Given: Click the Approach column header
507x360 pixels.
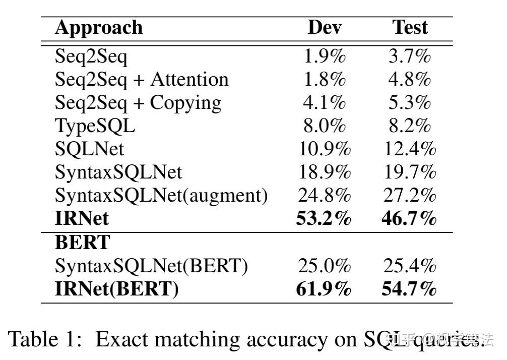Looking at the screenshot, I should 98,28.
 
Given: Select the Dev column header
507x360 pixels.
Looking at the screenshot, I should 324,28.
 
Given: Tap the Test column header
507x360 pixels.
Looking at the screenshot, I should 410,28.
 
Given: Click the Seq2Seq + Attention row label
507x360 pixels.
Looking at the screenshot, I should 142,80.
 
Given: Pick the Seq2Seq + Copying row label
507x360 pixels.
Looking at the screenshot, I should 138,103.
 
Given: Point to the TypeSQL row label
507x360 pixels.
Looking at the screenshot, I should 95,126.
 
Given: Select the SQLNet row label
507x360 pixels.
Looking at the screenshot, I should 89,149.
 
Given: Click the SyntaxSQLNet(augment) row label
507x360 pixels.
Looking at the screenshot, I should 161,195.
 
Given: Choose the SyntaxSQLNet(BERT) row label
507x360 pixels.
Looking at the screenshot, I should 151,266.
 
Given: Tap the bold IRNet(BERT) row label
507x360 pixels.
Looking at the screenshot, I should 116,289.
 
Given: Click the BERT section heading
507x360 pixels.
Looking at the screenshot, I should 82,243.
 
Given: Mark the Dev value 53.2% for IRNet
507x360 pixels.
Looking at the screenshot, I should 323,218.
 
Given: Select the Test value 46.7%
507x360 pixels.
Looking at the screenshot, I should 409,218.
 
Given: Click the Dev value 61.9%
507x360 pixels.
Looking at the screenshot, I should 323,289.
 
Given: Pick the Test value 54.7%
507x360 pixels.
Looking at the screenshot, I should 409,289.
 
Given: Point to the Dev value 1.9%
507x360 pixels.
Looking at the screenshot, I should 325,56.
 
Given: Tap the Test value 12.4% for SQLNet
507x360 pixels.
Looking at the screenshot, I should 409,149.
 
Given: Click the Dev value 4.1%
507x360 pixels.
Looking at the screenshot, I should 325,103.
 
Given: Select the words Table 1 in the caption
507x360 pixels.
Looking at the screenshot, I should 44,339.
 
